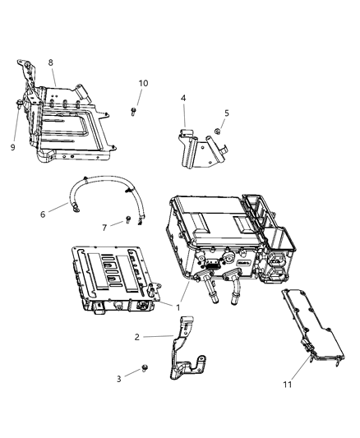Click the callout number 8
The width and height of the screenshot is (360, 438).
tap(51, 62)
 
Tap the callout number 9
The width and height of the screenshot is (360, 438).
tap(12, 148)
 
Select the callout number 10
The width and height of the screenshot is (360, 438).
tap(144, 83)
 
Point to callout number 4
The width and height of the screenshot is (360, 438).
tap(183, 99)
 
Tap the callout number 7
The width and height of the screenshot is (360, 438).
tap(104, 228)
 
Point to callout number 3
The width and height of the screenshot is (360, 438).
tap(118, 379)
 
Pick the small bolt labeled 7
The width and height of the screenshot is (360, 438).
tap(128, 220)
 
